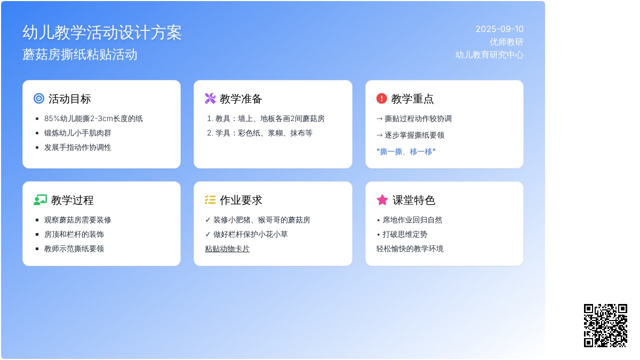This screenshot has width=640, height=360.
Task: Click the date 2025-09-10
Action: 499,29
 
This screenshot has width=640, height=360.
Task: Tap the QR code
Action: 605,325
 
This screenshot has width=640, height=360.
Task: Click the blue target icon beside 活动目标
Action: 39,99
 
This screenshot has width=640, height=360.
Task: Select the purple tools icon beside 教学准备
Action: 210,99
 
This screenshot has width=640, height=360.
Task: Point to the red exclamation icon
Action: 381,99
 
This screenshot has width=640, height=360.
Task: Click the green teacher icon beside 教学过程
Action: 40,200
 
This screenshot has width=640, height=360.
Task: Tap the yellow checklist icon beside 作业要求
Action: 210,200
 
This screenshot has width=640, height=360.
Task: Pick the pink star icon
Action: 382,200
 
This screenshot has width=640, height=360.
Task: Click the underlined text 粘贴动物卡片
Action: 227,249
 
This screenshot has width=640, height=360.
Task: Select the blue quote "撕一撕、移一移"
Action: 406,151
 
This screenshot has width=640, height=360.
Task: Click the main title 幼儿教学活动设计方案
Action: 102,33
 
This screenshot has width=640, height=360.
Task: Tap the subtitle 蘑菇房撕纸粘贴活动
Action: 79,54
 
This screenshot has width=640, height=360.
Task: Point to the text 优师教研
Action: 506,42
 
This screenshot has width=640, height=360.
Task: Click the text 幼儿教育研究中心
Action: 489,54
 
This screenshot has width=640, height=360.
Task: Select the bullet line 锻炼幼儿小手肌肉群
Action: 77,133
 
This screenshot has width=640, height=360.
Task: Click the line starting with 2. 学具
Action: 260,133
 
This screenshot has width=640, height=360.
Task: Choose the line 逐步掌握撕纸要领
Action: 410,135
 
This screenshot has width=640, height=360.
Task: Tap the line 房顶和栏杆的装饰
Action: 74,234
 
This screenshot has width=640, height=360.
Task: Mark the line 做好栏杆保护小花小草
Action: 246,234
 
